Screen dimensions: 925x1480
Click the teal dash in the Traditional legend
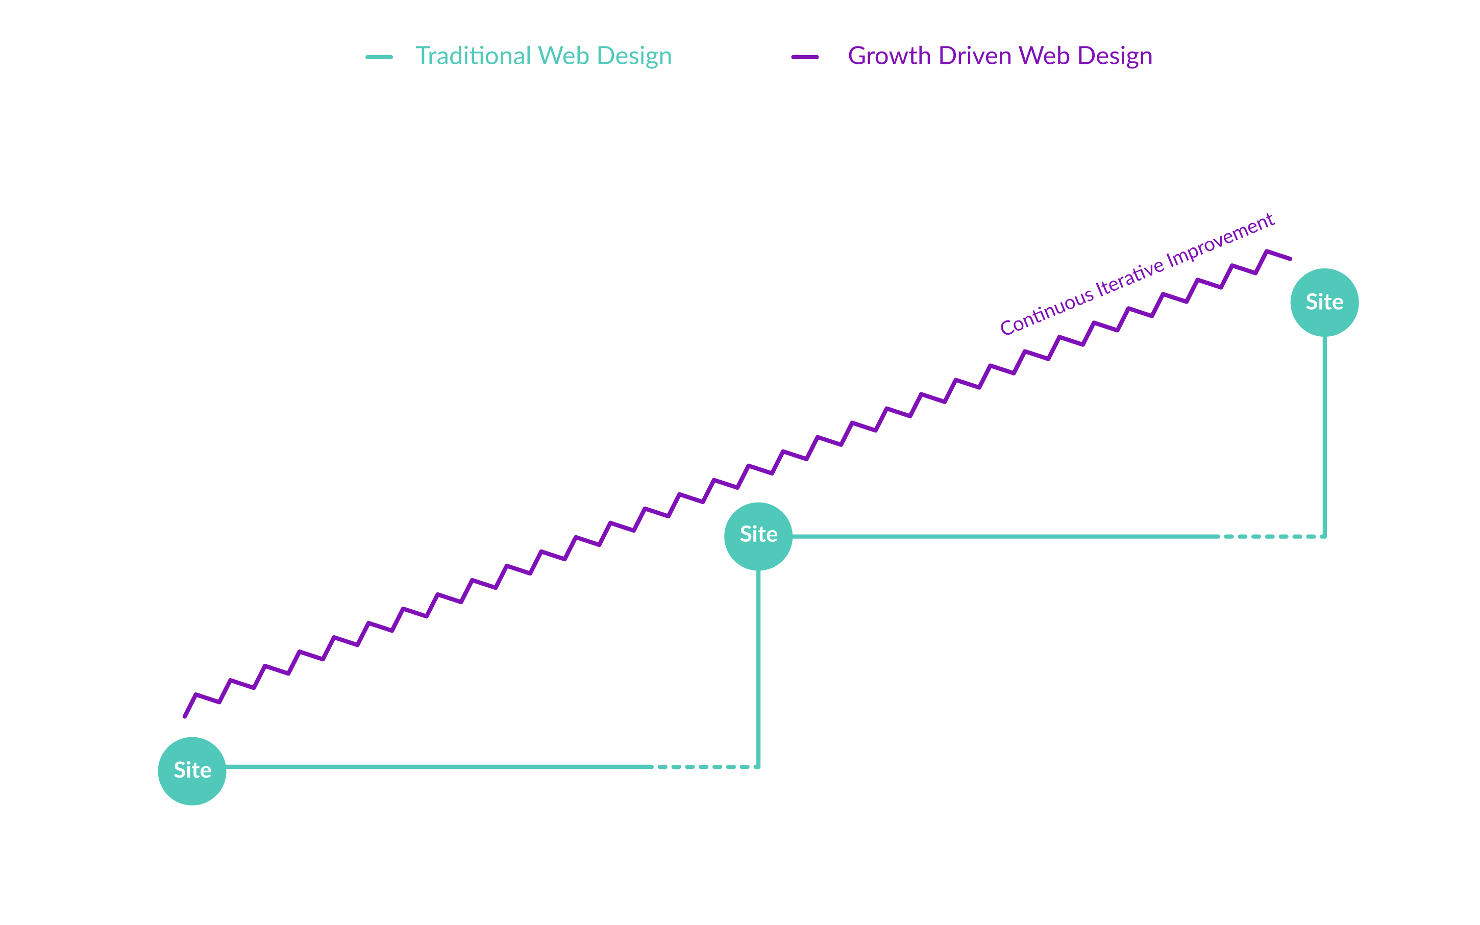click(x=379, y=57)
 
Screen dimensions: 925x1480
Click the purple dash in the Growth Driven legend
click(x=804, y=57)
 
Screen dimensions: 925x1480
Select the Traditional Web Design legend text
click(x=544, y=56)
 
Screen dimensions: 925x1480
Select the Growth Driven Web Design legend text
click(x=1000, y=56)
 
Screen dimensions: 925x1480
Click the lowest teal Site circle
click(x=192, y=770)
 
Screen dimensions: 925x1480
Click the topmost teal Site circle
click(x=1324, y=302)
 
